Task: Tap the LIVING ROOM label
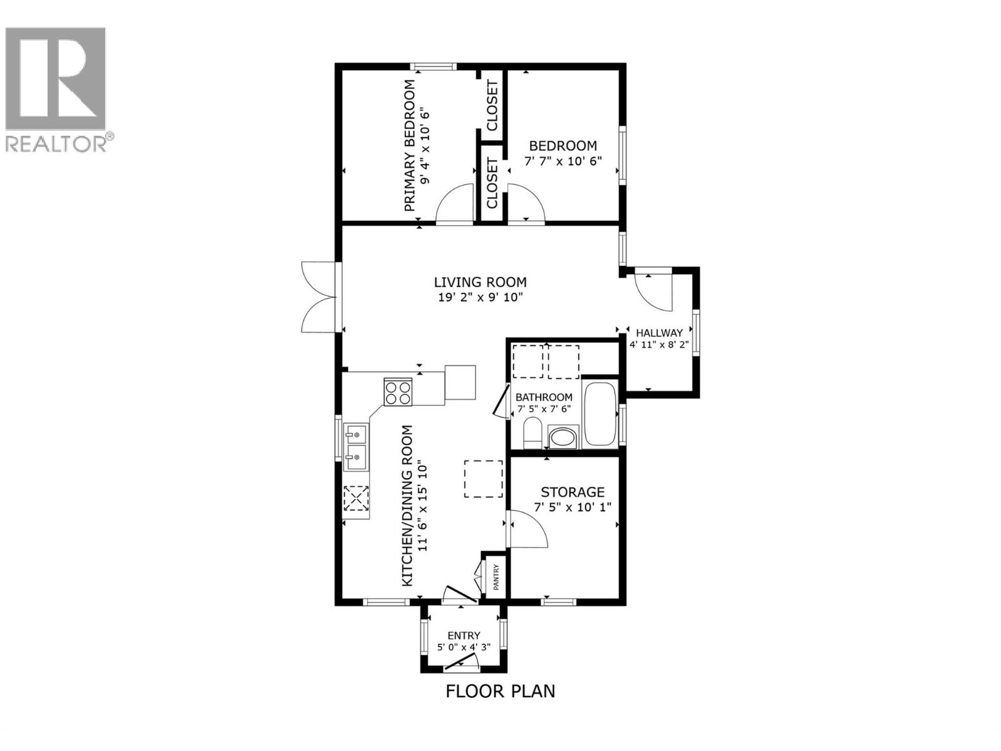(x=480, y=282)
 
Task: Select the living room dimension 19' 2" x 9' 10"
(x=480, y=298)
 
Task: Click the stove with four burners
(x=398, y=392)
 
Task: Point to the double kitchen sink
(x=356, y=447)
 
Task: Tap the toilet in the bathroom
(x=532, y=434)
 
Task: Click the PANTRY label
(x=495, y=578)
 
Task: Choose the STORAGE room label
(x=572, y=492)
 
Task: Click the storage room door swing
(x=529, y=529)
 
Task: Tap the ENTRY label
(x=464, y=635)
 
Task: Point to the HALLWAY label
(x=659, y=333)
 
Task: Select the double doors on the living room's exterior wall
(x=319, y=297)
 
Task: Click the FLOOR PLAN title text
(x=500, y=691)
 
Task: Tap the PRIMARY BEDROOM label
(x=410, y=145)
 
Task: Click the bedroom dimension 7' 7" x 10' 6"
(x=562, y=161)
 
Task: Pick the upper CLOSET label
(x=492, y=105)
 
